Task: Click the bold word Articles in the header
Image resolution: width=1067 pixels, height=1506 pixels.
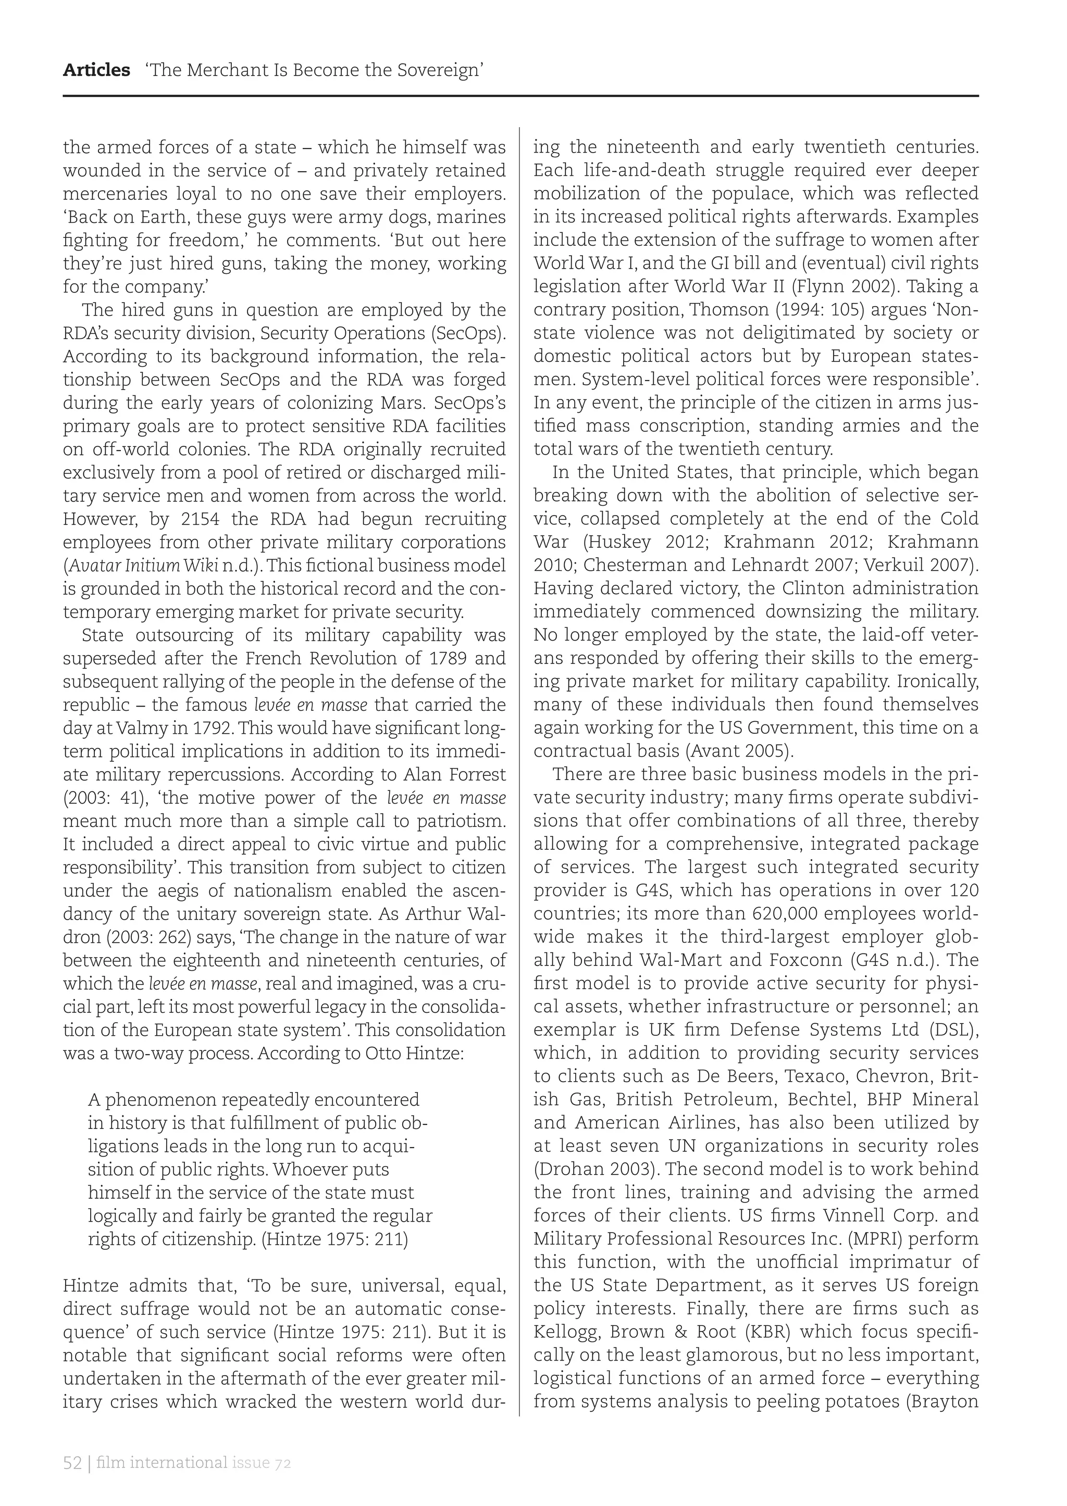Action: point(96,70)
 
